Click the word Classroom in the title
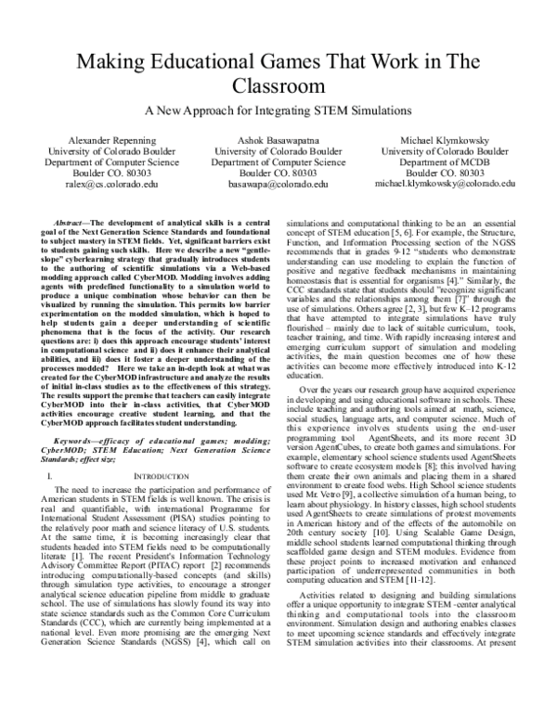tap(278, 86)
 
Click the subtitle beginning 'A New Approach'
tap(278, 110)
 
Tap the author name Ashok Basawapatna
tap(278, 139)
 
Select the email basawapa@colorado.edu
tap(278, 184)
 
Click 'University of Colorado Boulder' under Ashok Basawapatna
tap(278, 150)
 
